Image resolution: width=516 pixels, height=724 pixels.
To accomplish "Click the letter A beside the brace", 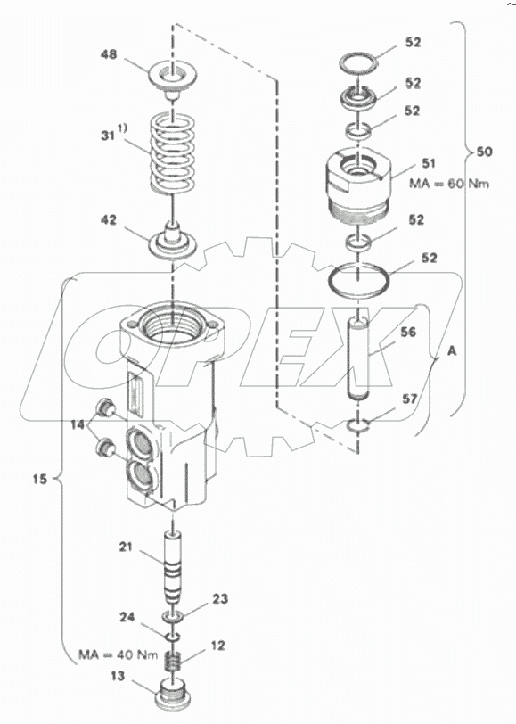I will pos(451,350).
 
